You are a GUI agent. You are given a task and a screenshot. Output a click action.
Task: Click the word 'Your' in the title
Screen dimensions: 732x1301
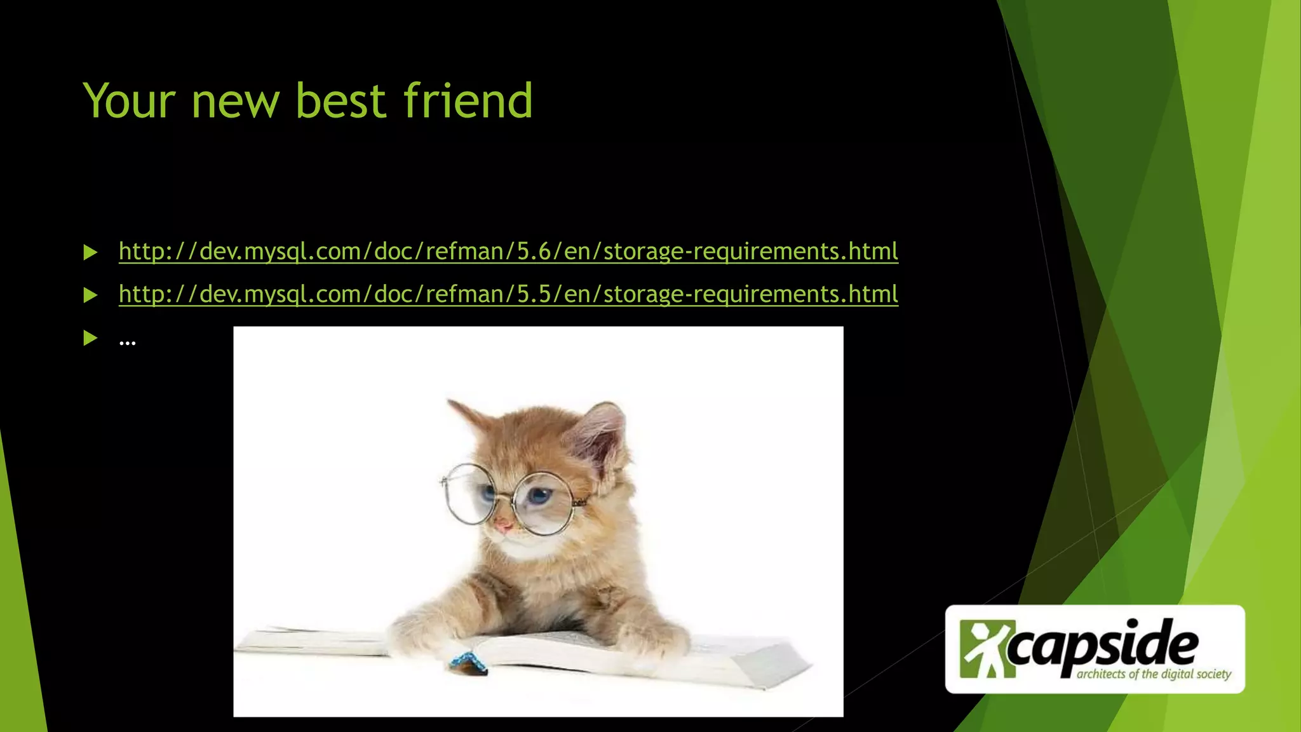pyautogui.click(x=129, y=101)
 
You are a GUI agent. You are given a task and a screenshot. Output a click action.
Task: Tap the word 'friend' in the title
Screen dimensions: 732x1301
pyautogui.click(x=468, y=101)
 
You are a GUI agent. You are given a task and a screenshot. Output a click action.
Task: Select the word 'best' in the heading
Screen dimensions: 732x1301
pyautogui.click(x=341, y=101)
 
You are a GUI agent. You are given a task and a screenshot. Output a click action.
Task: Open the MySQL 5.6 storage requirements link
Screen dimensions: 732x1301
pyautogui.click(x=508, y=252)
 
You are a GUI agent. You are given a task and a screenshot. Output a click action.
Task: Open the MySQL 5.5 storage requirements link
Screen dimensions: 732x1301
pyautogui.click(x=508, y=294)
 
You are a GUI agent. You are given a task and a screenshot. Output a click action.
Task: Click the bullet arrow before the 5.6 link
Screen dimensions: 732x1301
pyautogui.click(x=90, y=253)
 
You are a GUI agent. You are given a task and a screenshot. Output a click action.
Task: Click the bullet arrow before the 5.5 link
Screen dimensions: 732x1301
pyautogui.click(x=90, y=295)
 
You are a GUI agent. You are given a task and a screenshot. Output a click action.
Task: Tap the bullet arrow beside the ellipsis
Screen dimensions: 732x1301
pyautogui.click(x=90, y=339)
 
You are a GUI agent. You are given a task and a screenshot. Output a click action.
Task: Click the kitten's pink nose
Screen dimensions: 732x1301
pyautogui.click(x=503, y=525)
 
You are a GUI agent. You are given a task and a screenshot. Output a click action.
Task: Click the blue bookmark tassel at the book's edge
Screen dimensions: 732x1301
pyautogui.click(x=468, y=663)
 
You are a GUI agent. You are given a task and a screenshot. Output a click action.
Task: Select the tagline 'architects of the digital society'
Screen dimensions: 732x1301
pyautogui.click(x=1154, y=674)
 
